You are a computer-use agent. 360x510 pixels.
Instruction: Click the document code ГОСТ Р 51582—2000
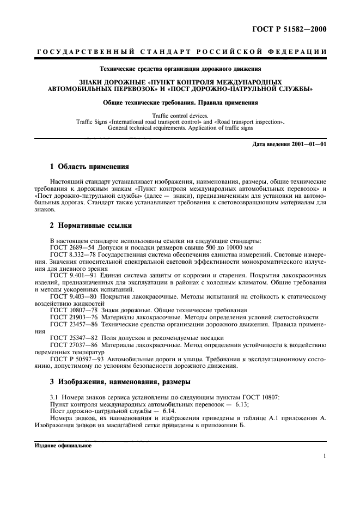tap(293, 29)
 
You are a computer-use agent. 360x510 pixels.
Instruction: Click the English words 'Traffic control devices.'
tap(180, 116)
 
